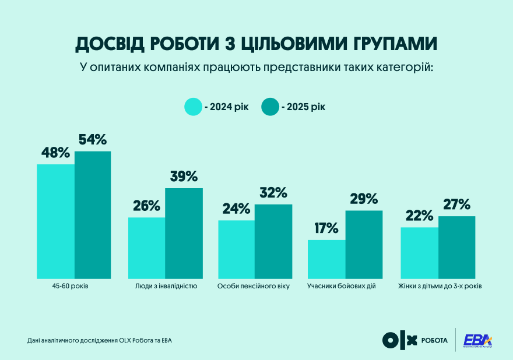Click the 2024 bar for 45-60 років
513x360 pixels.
(55, 221)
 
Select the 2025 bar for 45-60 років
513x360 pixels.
(93, 214)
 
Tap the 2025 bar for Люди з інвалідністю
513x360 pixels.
(184, 233)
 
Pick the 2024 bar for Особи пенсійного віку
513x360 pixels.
(236, 249)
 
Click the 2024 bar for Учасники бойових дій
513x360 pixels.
(326, 259)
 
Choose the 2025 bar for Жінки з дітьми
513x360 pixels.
(456, 247)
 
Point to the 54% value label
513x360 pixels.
(93, 140)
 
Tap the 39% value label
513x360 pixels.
(184, 177)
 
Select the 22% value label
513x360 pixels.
(419, 216)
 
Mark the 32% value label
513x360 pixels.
(273, 193)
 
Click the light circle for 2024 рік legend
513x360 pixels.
(192, 107)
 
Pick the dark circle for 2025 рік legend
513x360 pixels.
(269, 107)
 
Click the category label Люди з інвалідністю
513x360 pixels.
(166, 287)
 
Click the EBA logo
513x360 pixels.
(477, 340)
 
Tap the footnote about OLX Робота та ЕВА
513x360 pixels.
(100, 340)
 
